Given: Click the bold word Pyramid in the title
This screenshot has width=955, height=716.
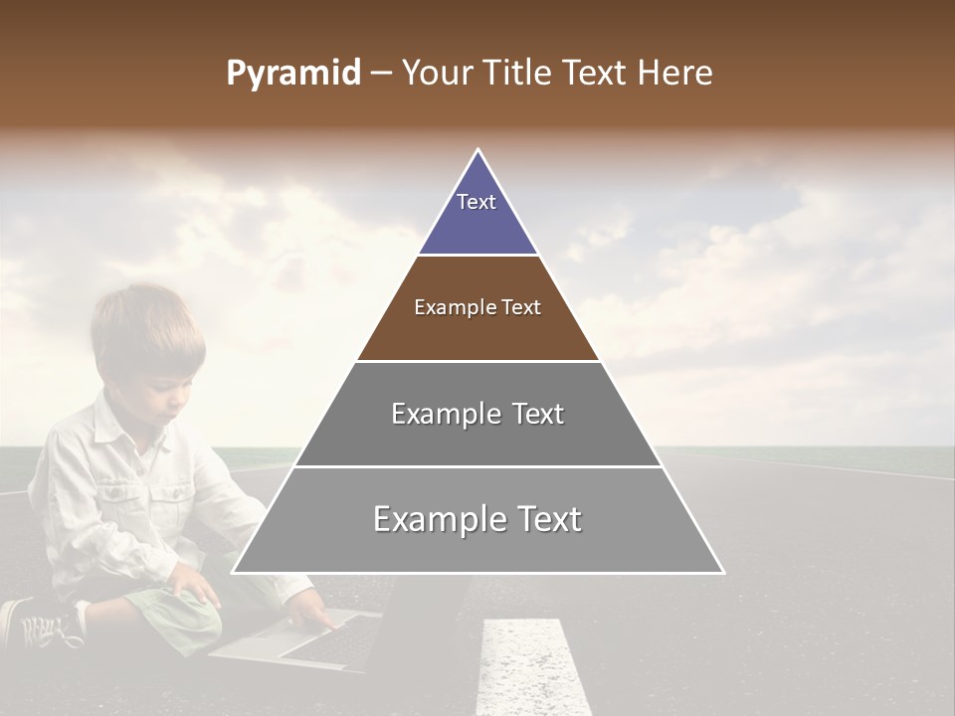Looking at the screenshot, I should coord(292,74).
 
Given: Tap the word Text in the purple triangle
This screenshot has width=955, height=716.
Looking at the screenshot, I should coord(477,202).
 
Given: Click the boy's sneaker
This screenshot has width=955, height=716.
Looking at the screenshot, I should coord(40,625).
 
